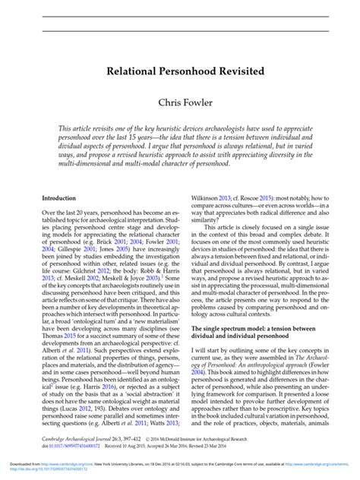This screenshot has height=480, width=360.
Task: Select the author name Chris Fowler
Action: point(179,101)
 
